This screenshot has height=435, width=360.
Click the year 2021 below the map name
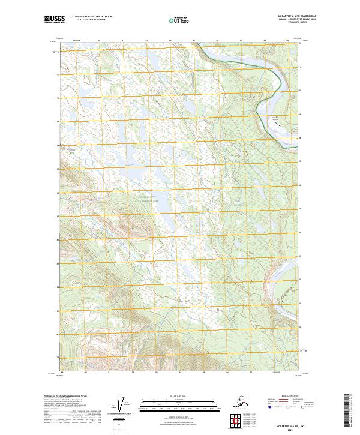(292, 428)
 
